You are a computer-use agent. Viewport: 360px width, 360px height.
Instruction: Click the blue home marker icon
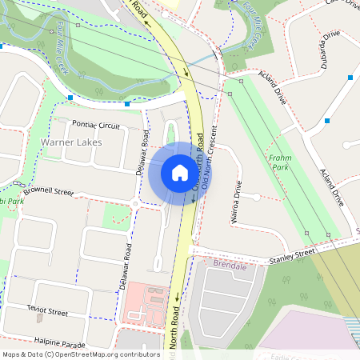coord(180,173)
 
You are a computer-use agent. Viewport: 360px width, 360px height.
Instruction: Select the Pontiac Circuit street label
coord(96,126)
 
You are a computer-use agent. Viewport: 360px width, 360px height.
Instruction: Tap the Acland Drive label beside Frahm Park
coord(332,188)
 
